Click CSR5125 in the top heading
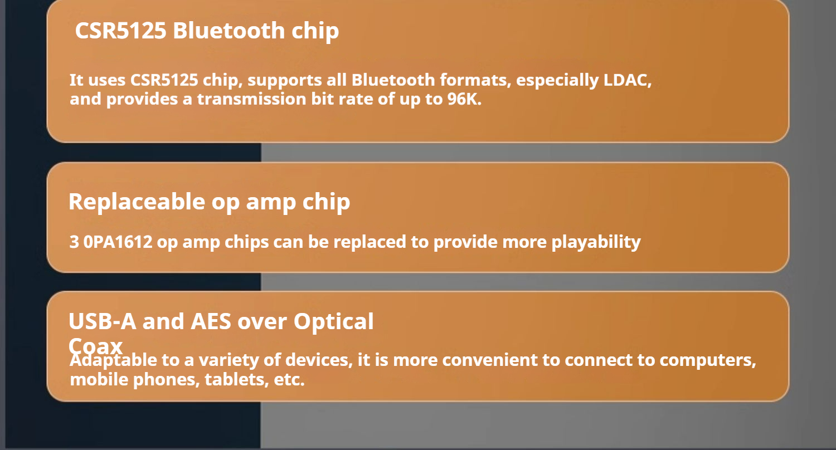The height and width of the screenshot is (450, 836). click(x=120, y=30)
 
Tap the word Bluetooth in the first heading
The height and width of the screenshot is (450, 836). click(x=229, y=30)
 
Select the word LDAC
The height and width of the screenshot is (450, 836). click(x=628, y=80)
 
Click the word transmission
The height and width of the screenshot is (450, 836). click(x=251, y=99)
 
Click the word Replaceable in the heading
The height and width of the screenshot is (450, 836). click(x=137, y=202)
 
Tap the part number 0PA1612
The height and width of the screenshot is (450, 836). click(x=118, y=242)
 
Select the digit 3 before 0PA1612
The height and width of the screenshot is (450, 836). click(x=74, y=242)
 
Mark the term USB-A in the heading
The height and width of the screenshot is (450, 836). click(x=102, y=321)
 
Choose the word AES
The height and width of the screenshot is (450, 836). click(x=211, y=321)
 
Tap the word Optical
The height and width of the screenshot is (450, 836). click(x=333, y=322)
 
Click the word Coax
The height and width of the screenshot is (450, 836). click(x=95, y=346)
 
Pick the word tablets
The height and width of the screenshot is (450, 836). click(x=237, y=379)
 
